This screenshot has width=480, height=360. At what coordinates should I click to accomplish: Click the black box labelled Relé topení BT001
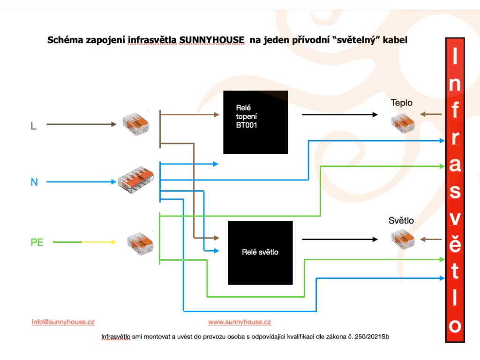point(255,122)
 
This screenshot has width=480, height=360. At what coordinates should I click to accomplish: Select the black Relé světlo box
point(260,253)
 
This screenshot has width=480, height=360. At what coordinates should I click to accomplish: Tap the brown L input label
point(33,126)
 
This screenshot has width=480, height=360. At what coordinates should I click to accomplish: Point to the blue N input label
point(34,182)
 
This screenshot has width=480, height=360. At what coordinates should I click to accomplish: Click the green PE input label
point(37,243)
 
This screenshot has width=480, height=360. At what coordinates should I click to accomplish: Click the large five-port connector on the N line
point(136,181)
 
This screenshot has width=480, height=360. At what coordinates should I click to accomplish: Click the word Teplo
point(402,103)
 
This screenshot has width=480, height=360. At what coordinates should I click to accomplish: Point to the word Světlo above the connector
point(401,220)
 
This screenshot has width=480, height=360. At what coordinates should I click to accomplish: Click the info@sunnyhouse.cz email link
point(63,322)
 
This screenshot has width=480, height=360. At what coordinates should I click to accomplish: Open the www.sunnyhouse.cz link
point(240,322)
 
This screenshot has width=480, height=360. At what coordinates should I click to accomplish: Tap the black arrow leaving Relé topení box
point(340,114)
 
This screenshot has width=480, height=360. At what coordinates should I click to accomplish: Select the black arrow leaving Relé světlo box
point(340,239)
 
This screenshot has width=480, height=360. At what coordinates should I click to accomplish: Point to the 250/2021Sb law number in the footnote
point(368,337)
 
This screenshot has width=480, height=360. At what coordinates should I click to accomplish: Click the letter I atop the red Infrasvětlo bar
point(454,58)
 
